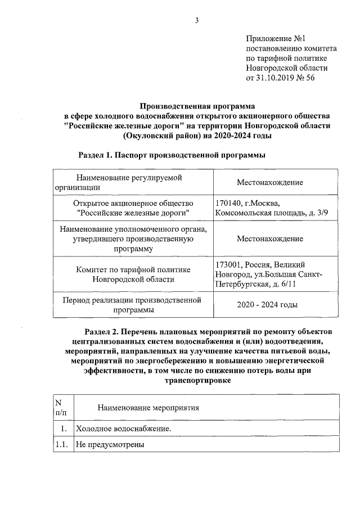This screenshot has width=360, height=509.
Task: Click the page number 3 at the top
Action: coord(197,21)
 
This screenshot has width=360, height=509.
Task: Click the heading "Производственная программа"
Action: coord(197,105)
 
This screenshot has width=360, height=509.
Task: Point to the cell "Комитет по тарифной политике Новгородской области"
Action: coord(133,274)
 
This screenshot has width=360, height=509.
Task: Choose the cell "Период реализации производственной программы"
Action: coord(133,305)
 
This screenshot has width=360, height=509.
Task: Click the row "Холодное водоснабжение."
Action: coord(124,430)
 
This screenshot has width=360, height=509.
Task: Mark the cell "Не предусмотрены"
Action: coord(111,445)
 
